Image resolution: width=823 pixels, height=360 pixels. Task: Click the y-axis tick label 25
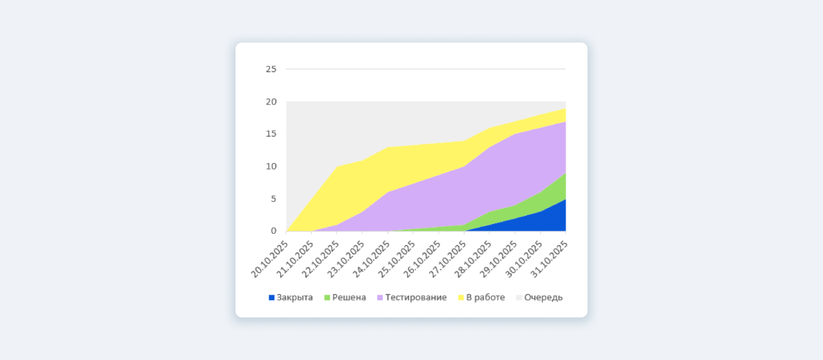[271, 69]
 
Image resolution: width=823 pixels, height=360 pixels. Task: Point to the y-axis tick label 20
[271, 102]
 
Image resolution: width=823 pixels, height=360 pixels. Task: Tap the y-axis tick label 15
[271, 134]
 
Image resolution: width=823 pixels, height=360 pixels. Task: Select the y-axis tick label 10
[271, 166]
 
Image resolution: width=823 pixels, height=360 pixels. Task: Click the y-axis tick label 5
[273, 199]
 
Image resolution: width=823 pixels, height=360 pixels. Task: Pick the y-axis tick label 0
[273, 231]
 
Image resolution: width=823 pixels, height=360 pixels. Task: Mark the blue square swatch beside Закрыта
[271, 298]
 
